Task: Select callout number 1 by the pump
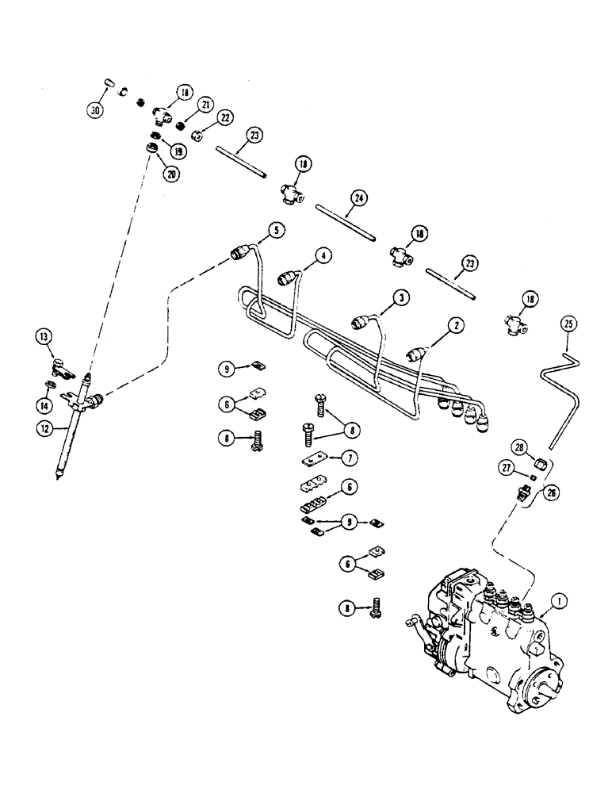click(x=560, y=602)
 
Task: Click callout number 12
click(x=46, y=427)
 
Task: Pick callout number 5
click(x=275, y=231)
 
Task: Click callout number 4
click(x=323, y=256)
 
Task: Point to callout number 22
click(x=227, y=117)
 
